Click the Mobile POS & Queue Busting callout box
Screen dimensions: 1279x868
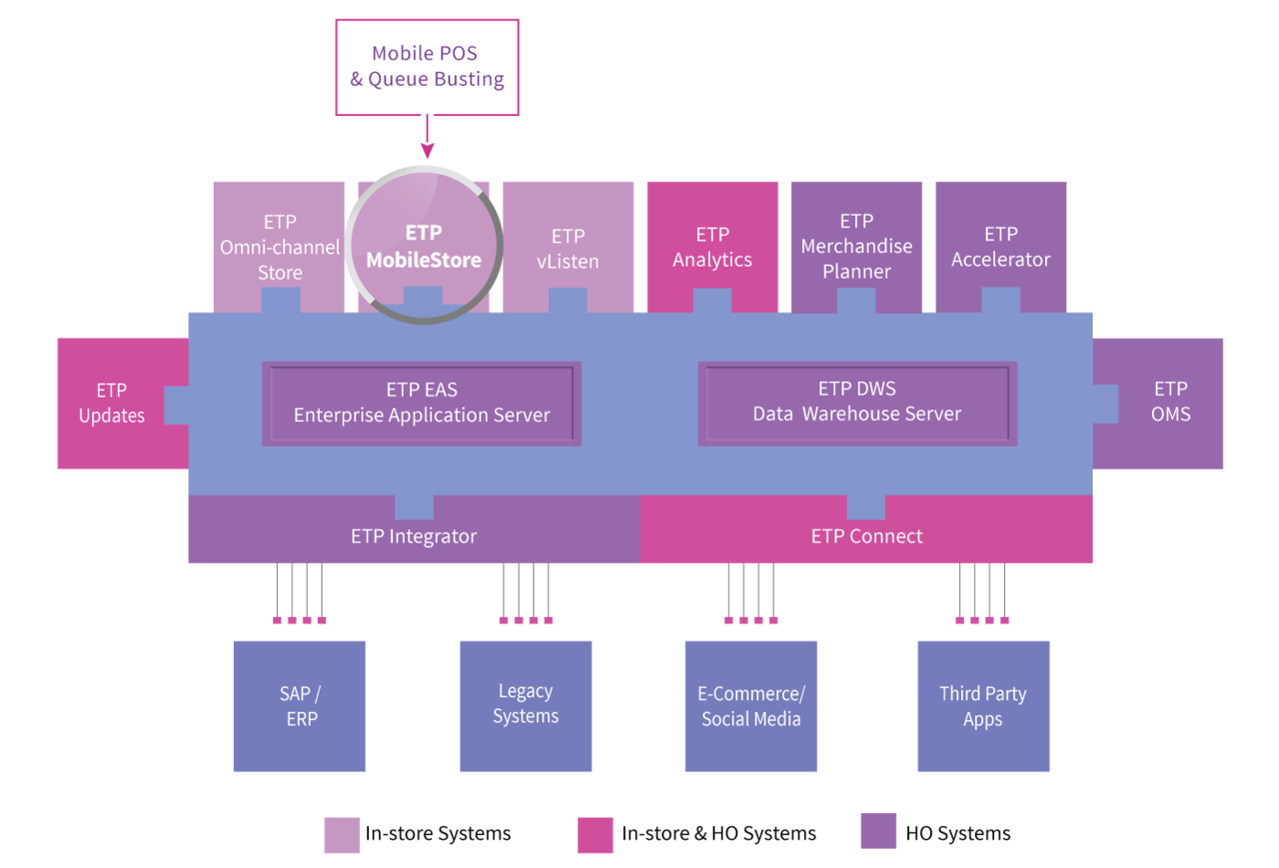[428, 68]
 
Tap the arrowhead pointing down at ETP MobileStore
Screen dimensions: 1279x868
[428, 151]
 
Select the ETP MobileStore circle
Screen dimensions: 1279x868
[424, 245]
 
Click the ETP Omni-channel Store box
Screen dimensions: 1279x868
[280, 247]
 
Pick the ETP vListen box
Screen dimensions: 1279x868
[568, 247]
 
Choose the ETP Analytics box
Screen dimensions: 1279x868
[713, 247]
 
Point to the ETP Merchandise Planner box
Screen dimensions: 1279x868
[857, 247]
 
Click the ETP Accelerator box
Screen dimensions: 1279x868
[1001, 247]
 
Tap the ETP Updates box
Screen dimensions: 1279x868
[122, 403]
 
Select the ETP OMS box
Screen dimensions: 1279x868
[1158, 403]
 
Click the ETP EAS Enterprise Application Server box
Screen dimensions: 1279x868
[422, 403]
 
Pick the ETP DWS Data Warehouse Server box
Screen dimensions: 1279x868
[858, 403]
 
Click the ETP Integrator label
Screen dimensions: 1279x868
[414, 536]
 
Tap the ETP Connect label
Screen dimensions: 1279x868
[867, 536]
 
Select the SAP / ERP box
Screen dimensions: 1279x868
[300, 706]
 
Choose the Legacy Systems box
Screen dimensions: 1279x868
[526, 706]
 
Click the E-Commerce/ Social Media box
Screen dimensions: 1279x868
[751, 706]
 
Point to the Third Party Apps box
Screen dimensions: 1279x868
[983, 706]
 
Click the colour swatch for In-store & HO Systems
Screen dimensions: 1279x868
[595, 835]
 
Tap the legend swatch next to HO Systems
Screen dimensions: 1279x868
[878, 831]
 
